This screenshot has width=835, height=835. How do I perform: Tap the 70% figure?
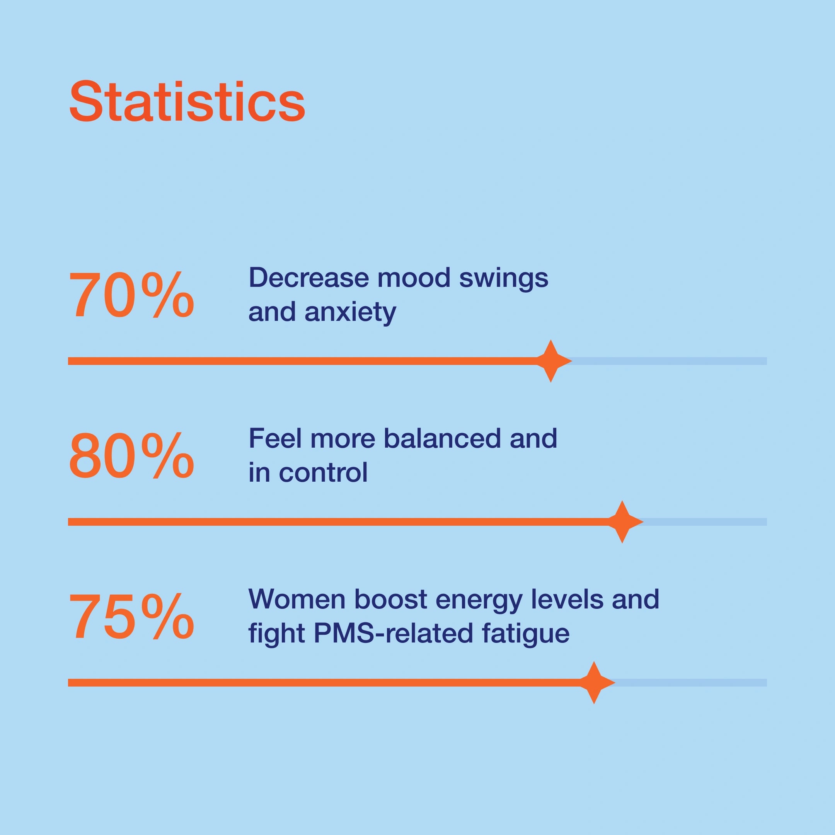click(x=131, y=296)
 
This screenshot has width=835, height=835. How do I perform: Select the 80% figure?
click(x=131, y=457)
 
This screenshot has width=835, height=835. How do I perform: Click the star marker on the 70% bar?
click(x=550, y=361)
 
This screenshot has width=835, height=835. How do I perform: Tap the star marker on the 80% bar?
click(x=622, y=521)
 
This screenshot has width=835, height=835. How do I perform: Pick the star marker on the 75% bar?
click(x=594, y=682)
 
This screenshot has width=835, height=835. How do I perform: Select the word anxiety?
click(x=350, y=312)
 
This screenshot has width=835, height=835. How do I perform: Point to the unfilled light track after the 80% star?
click(x=704, y=521)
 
